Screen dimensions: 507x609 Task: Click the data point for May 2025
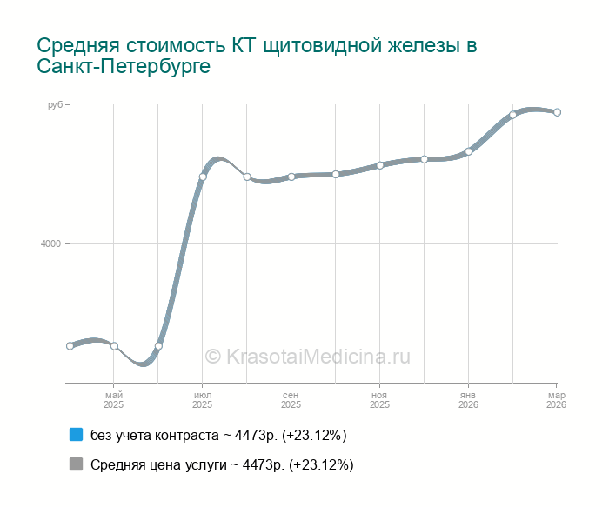114,346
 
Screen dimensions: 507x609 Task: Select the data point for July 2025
203,177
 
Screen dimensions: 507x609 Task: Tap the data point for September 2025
291,177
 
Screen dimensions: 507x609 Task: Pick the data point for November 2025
380,165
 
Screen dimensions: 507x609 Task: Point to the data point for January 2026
469,151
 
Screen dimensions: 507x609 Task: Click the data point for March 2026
557,112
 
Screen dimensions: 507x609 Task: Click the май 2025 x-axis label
114,400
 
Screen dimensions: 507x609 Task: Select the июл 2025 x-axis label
203,400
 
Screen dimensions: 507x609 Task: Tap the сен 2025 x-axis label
291,400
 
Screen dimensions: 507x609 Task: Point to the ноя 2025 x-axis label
380,400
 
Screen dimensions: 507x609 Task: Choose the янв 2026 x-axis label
469,400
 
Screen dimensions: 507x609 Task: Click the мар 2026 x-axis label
557,400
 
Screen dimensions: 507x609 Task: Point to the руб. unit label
54,105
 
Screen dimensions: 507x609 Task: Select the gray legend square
76,464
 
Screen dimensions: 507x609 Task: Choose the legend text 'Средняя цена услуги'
157,464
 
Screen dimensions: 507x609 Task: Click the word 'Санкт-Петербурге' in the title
124,66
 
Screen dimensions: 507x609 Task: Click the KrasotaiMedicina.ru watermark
306,356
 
